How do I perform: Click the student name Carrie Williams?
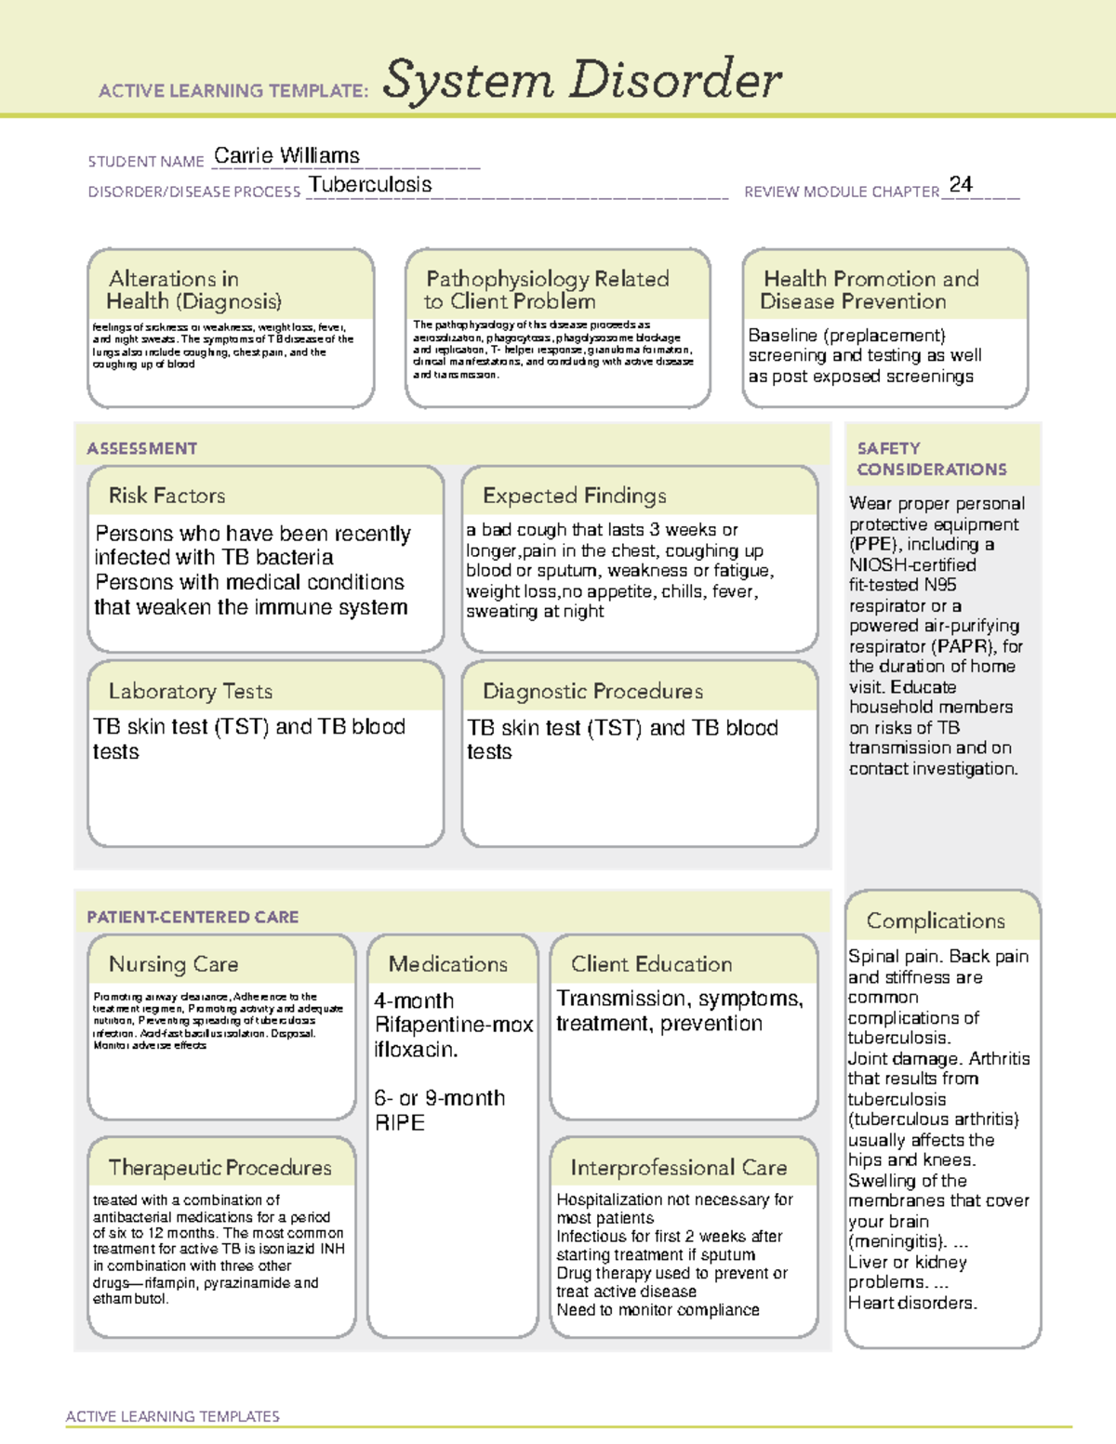coord(286,155)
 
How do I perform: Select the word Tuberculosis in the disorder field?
coord(370,185)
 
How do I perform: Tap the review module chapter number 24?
coord(961,184)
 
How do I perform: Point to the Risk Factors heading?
coord(166,496)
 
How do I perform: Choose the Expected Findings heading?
coord(574,496)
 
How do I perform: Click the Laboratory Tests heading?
coord(190,691)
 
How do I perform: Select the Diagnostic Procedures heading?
coord(592,691)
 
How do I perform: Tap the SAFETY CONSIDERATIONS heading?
coord(931,458)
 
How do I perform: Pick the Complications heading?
coord(936,921)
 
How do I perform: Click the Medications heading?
coord(447,964)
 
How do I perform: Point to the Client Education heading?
coord(651,964)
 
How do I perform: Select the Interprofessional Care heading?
coord(678,1167)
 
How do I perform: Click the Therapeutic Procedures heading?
coord(219,1167)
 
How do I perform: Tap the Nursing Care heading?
coord(173,964)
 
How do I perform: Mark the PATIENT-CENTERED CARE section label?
coord(193,917)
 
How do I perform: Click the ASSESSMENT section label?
coord(141,448)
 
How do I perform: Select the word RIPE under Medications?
coord(399,1122)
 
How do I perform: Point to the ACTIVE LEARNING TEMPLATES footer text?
coord(172,1416)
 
